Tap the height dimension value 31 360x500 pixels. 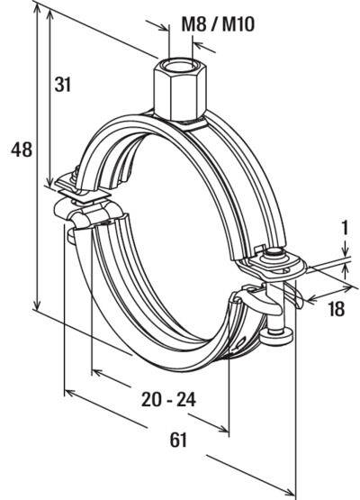pyautogui.click(x=63, y=85)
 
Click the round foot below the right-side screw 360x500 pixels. pyautogui.click(x=282, y=337)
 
